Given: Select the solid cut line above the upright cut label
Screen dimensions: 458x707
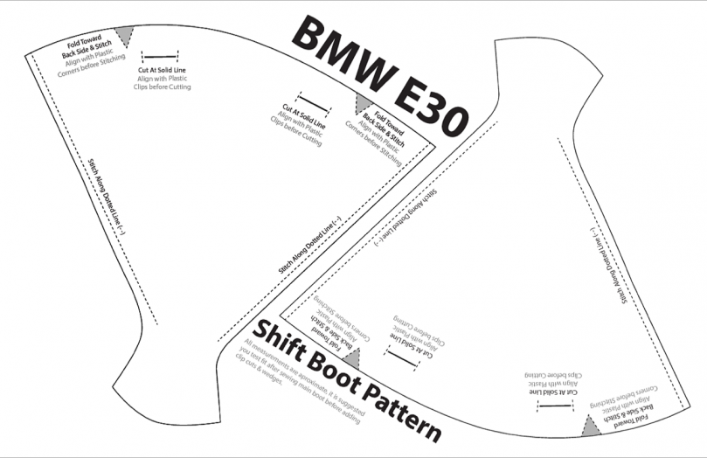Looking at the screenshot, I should (149, 56).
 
